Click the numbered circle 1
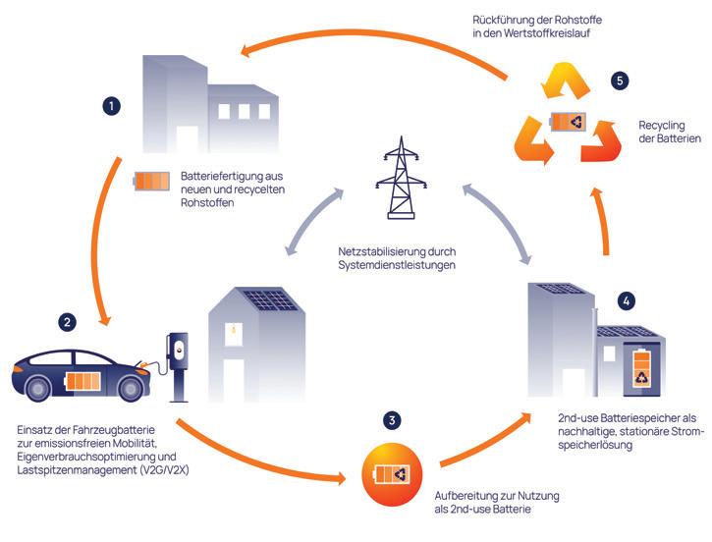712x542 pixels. tap(113, 104)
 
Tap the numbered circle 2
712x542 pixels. tap(67, 321)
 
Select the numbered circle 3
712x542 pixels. tap(393, 420)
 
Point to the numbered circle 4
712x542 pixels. tap(627, 299)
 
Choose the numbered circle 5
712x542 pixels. tap(618, 81)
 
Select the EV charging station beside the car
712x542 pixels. tap(178, 365)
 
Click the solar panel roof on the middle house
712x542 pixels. tap(268, 299)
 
